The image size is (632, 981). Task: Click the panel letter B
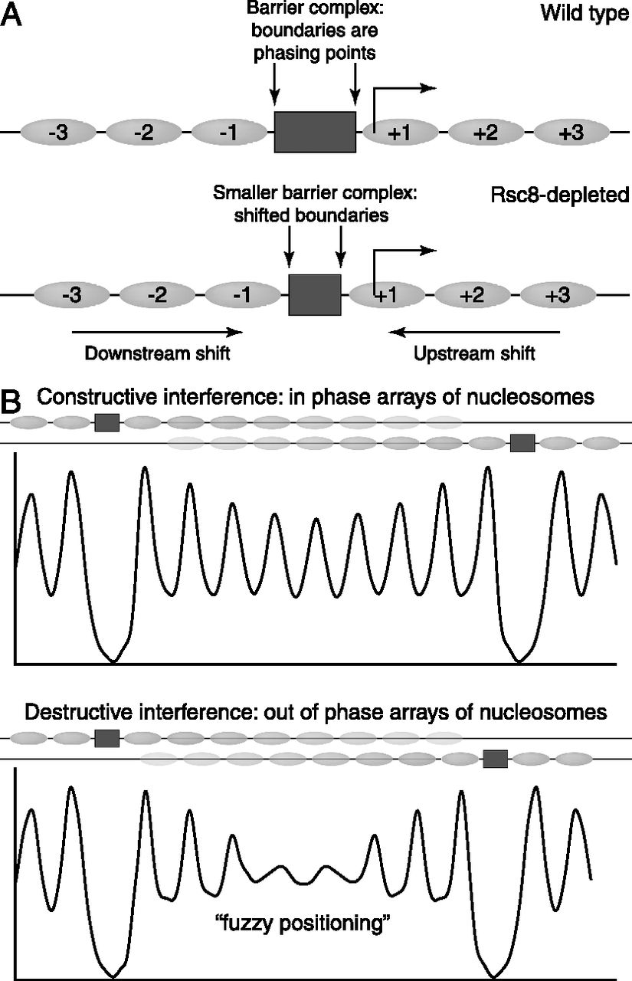13,402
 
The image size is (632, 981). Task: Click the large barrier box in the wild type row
315,133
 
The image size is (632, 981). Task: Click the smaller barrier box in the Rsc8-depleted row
314,294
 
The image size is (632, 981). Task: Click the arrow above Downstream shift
157,332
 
